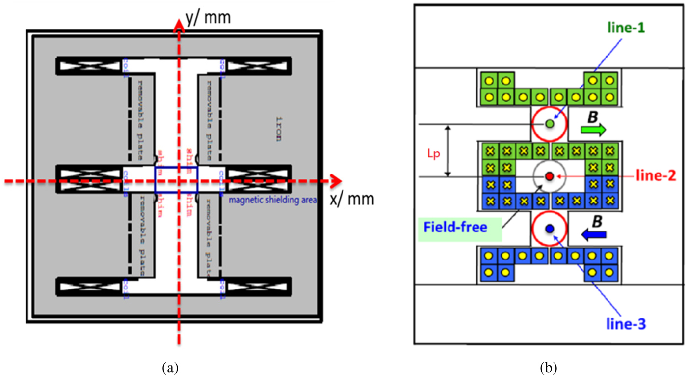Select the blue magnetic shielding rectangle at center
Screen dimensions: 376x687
(x=176, y=180)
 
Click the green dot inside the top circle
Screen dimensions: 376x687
(x=549, y=124)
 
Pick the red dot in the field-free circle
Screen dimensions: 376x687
(x=549, y=176)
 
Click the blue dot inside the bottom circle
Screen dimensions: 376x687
(x=549, y=229)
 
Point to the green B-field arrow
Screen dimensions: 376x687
(x=593, y=130)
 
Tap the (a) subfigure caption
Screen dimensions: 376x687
(x=170, y=366)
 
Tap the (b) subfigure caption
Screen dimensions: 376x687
(x=549, y=366)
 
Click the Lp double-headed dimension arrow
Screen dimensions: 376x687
(x=448, y=151)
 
